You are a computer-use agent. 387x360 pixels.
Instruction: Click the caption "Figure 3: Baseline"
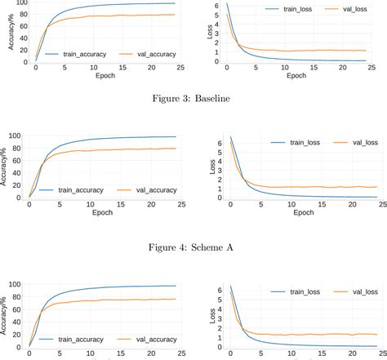tap(193, 100)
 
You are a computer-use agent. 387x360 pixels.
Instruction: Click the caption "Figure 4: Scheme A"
tap(193, 243)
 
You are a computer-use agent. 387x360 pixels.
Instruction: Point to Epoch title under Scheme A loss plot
tap(303, 212)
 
